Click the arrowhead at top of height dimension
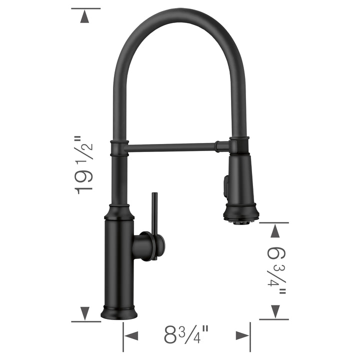tap(85, 17)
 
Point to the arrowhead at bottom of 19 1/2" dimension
tap(85, 313)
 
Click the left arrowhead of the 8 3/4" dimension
tap(131, 335)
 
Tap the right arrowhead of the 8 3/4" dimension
tap(242, 335)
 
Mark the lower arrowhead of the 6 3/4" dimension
tap(274, 311)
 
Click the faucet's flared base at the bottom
tap(119, 312)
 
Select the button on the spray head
tap(224, 185)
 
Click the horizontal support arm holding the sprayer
tap(172, 147)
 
